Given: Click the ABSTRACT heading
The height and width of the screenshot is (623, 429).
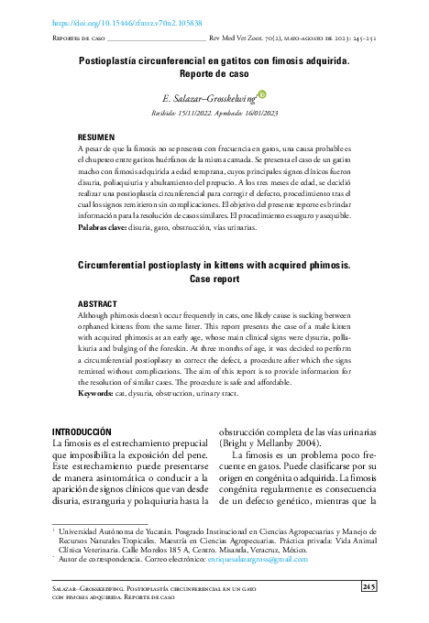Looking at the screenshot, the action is (x=97, y=301).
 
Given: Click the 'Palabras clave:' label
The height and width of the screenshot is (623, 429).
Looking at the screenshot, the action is (x=103, y=225).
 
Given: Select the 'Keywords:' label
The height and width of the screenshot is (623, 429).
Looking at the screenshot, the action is (x=96, y=392).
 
